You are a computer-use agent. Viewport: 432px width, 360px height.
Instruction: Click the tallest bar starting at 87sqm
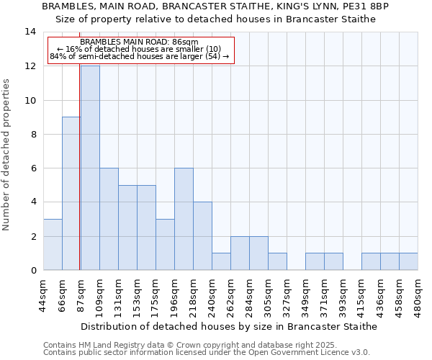pyautogui.click(x=90, y=168)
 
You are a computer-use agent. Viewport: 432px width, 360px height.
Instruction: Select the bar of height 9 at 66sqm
pyautogui.click(x=71, y=193)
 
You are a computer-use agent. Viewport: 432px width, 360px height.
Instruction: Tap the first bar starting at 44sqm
pyautogui.click(x=53, y=244)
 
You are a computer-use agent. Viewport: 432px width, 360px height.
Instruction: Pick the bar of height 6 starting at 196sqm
pyautogui.click(x=184, y=219)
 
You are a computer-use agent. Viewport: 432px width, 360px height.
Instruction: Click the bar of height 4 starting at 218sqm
pyautogui.click(x=202, y=235)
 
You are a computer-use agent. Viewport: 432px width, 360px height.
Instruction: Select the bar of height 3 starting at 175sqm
pyautogui.click(x=165, y=244)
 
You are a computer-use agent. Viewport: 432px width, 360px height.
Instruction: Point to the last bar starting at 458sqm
pyautogui.click(x=408, y=261)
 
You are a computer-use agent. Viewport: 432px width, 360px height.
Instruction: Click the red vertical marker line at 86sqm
pyautogui.click(x=79, y=180)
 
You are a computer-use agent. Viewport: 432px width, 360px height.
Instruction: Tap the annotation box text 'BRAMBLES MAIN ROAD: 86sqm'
pyautogui.click(x=140, y=42)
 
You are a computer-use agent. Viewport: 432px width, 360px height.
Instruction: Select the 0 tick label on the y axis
pyautogui.click(x=33, y=270)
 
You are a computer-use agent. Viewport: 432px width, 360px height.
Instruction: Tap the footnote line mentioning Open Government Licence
pyautogui.click(x=207, y=353)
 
